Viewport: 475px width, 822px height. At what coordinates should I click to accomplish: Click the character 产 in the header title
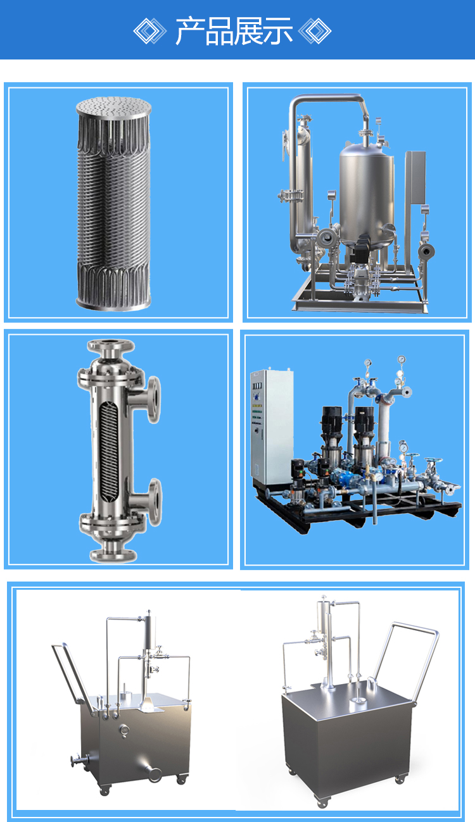coord(189,31)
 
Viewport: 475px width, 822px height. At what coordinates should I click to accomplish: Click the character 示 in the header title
coord(278,31)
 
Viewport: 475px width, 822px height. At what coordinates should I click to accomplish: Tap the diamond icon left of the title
coord(149,31)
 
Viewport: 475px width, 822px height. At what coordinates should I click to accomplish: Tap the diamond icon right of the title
coord(315,31)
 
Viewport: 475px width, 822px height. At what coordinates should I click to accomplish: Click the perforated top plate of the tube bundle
coord(114,107)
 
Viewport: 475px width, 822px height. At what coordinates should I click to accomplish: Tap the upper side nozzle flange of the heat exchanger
coord(154,399)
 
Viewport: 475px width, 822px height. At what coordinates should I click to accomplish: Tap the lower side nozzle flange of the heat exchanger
coord(155,502)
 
